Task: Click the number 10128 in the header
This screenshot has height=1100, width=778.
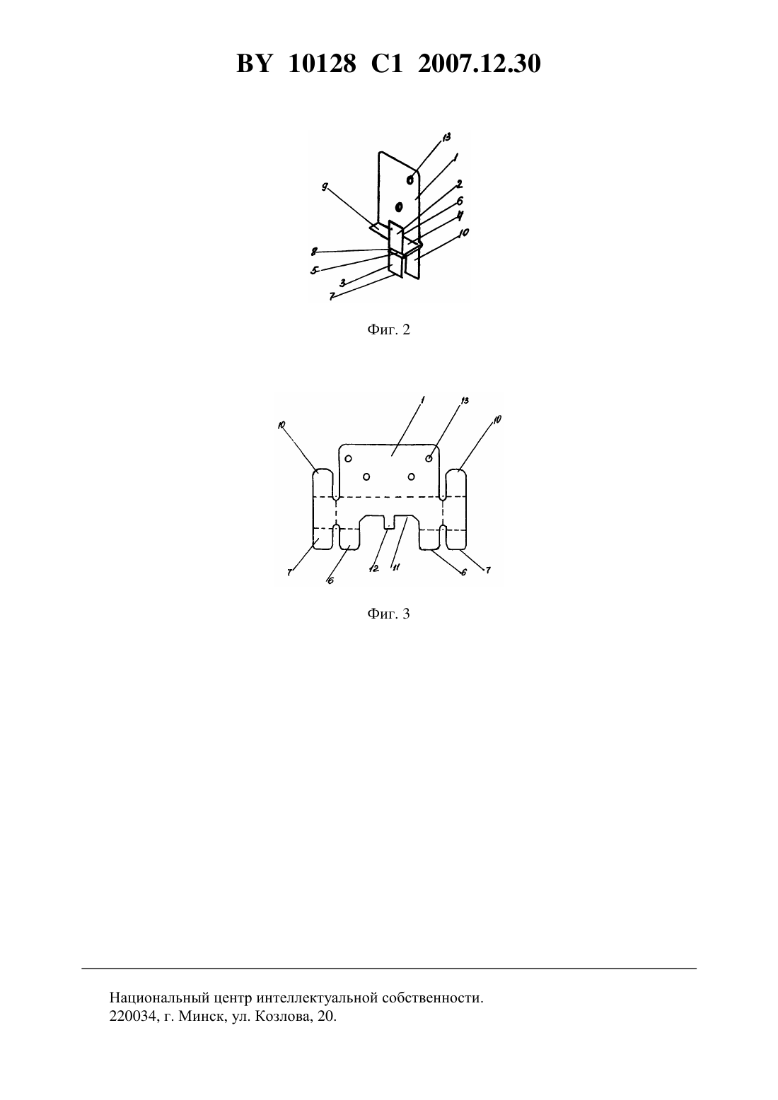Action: (x=322, y=64)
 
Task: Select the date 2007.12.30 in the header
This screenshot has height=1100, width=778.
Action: (x=480, y=64)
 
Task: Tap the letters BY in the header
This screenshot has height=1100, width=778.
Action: (x=253, y=64)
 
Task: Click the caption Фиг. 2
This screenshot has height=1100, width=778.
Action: (x=388, y=329)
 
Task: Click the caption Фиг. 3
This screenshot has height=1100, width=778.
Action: (x=388, y=614)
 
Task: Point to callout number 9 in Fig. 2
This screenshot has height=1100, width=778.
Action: (x=325, y=187)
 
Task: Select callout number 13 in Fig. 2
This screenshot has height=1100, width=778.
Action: (x=446, y=137)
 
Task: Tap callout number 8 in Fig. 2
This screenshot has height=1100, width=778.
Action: (x=314, y=252)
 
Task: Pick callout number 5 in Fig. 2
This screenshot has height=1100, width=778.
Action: (x=314, y=269)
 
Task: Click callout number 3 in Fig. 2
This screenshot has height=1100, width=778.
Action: (x=342, y=283)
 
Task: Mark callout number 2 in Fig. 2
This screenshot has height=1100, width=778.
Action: (x=459, y=184)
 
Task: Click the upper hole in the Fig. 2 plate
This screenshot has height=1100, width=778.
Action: (x=410, y=180)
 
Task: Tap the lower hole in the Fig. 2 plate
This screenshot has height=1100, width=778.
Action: (x=399, y=206)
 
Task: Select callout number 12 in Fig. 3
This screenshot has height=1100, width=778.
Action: (x=373, y=568)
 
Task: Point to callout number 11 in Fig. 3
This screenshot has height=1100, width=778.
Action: (x=396, y=567)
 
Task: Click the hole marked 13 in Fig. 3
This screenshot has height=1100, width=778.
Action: (x=429, y=458)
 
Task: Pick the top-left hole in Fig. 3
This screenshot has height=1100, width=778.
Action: (x=348, y=459)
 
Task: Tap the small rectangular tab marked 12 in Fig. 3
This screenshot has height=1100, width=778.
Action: (x=389, y=522)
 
